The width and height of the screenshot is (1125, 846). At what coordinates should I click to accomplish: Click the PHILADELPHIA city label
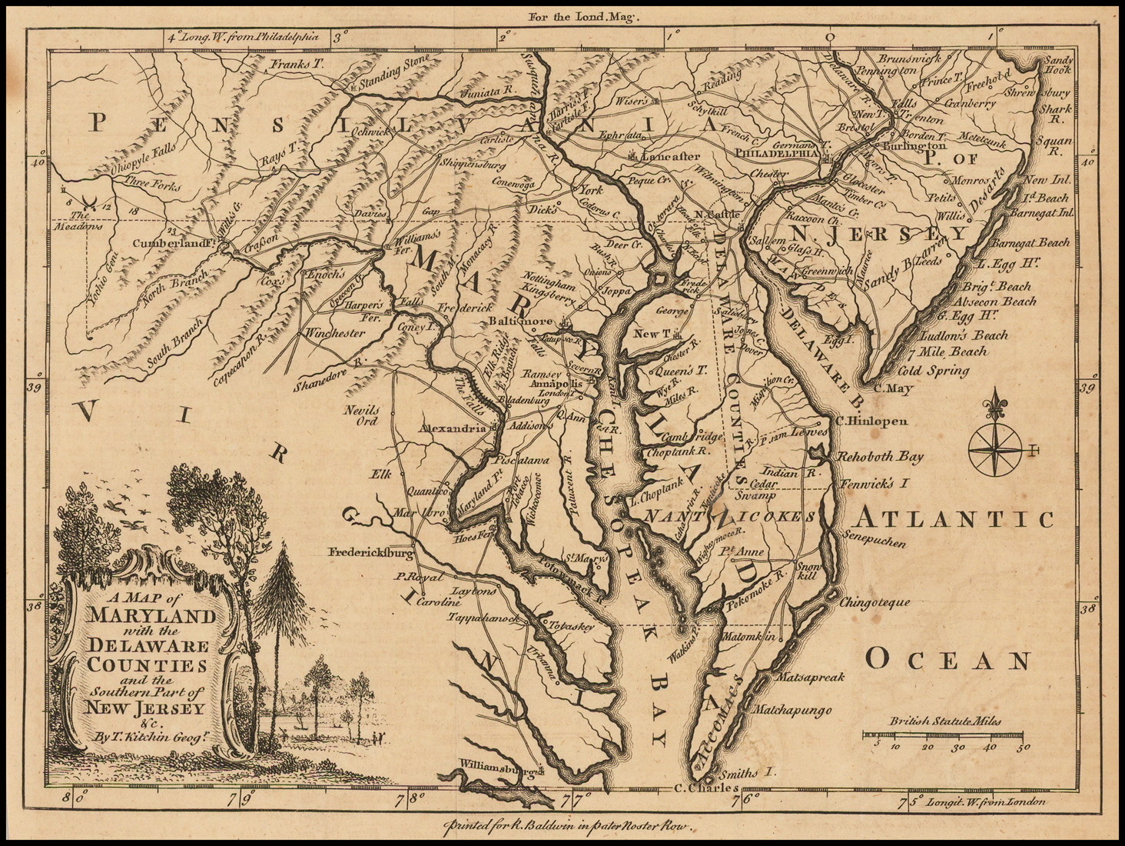(776, 152)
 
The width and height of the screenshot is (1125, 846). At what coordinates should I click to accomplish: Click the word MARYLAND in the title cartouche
(153, 616)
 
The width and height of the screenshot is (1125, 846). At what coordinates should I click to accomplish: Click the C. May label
(893, 389)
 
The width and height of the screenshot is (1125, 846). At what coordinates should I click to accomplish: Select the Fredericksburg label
(371, 552)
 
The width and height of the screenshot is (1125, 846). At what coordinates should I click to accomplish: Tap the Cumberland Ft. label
(171, 244)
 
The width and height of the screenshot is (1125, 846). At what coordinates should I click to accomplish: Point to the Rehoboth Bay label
(880, 457)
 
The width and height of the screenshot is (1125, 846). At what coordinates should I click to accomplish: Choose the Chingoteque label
(875, 602)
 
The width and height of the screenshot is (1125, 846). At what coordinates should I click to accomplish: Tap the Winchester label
(336, 333)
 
